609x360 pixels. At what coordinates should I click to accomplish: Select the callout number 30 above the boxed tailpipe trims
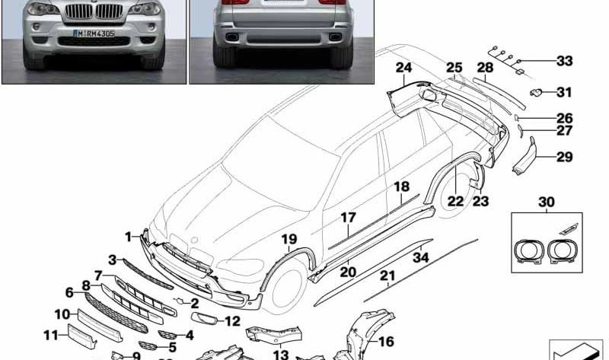click(547, 202)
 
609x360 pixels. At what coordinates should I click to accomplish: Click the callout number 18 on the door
click(401, 186)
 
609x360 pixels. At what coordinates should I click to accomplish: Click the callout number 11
click(50, 334)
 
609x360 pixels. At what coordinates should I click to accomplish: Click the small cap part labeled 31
click(535, 93)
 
